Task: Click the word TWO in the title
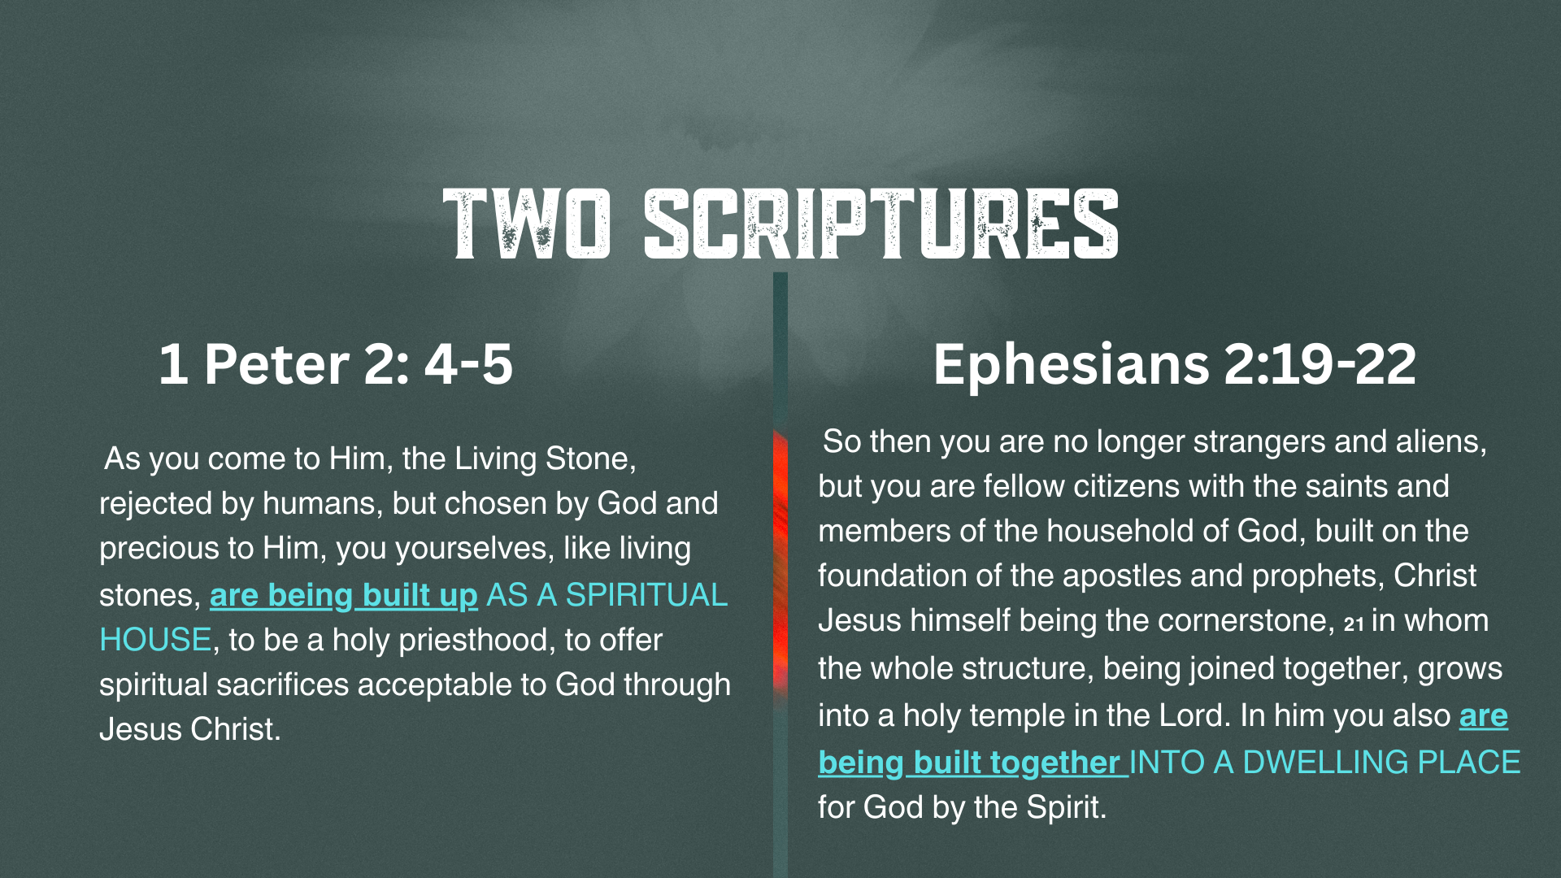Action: click(527, 224)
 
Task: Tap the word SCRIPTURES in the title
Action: click(881, 224)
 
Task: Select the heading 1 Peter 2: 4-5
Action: click(336, 363)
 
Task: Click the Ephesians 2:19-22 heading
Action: click(1175, 363)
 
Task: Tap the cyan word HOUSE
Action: click(155, 640)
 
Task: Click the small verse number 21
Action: click(1354, 624)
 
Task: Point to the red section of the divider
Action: click(780, 561)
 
